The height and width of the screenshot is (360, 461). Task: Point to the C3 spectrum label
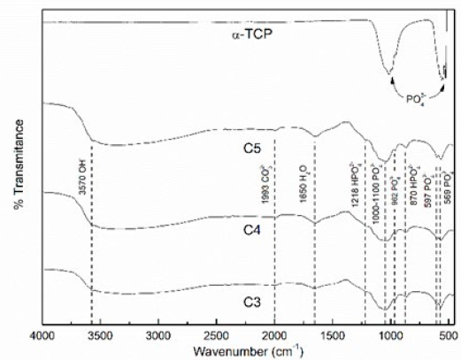click(x=253, y=303)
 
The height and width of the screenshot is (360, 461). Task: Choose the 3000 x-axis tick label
click(x=158, y=336)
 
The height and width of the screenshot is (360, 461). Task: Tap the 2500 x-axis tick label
click(x=216, y=336)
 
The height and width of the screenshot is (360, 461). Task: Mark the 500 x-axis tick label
click(x=447, y=336)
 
